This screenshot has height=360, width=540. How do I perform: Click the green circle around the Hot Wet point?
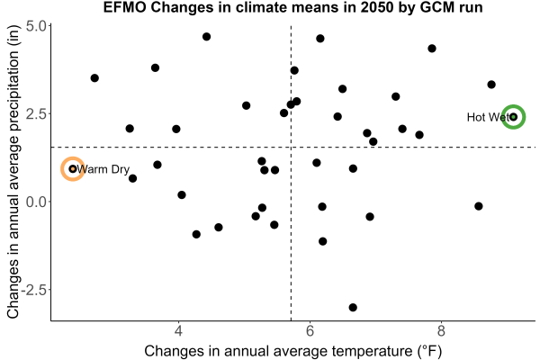(x=513, y=105)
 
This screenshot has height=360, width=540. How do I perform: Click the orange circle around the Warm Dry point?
(x=73, y=157)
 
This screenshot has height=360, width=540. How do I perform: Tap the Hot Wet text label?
(x=488, y=118)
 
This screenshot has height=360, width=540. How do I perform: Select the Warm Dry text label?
(x=103, y=169)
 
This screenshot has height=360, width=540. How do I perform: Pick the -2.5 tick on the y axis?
(x=33, y=290)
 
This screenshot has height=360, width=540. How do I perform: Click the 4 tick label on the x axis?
(x=178, y=331)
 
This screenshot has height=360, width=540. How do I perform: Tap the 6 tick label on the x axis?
(x=310, y=331)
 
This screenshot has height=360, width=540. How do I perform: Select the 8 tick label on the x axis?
(x=441, y=331)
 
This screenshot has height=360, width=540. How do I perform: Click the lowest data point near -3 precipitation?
(x=353, y=307)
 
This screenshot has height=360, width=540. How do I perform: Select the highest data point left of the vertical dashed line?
(x=206, y=37)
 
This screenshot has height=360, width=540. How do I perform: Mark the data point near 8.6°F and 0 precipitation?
(x=479, y=206)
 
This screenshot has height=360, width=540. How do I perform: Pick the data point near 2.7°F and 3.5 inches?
(x=94, y=78)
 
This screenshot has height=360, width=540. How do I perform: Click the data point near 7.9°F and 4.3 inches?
(x=432, y=49)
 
